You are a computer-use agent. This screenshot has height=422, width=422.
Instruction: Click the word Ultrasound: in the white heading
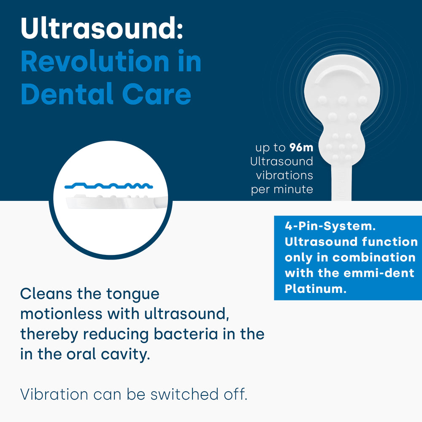coord(102,28)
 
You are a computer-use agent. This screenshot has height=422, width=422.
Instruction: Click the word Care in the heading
coord(157,94)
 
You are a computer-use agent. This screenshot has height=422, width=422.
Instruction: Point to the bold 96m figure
coord(301,147)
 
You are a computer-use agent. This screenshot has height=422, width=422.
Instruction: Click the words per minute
coord(282,189)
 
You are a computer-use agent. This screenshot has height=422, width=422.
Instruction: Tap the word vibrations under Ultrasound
coord(284,176)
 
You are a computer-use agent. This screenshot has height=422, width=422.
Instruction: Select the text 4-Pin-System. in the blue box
coord(330,226)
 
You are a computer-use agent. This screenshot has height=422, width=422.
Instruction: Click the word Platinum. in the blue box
coord(315,289)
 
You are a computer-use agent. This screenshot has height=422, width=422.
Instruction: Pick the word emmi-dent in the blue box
coord(379,273)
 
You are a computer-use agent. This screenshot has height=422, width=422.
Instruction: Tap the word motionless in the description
coord(61,314)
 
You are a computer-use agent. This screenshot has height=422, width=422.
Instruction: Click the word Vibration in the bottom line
coord(54,395)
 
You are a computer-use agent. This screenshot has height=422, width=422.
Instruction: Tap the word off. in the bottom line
coord(235,394)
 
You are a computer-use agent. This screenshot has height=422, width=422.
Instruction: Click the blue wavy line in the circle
coord(109,185)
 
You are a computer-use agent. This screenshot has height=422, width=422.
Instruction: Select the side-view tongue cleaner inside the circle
coord(117,201)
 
